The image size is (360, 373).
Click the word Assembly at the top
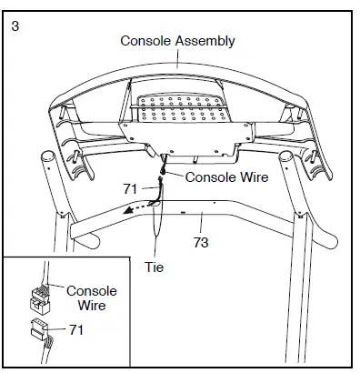pyautogui.click(x=205, y=41)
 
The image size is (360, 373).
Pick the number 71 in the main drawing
pyautogui.click(x=132, y=189)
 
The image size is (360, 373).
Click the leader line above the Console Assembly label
pyautogui.click(x=178, y=59)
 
